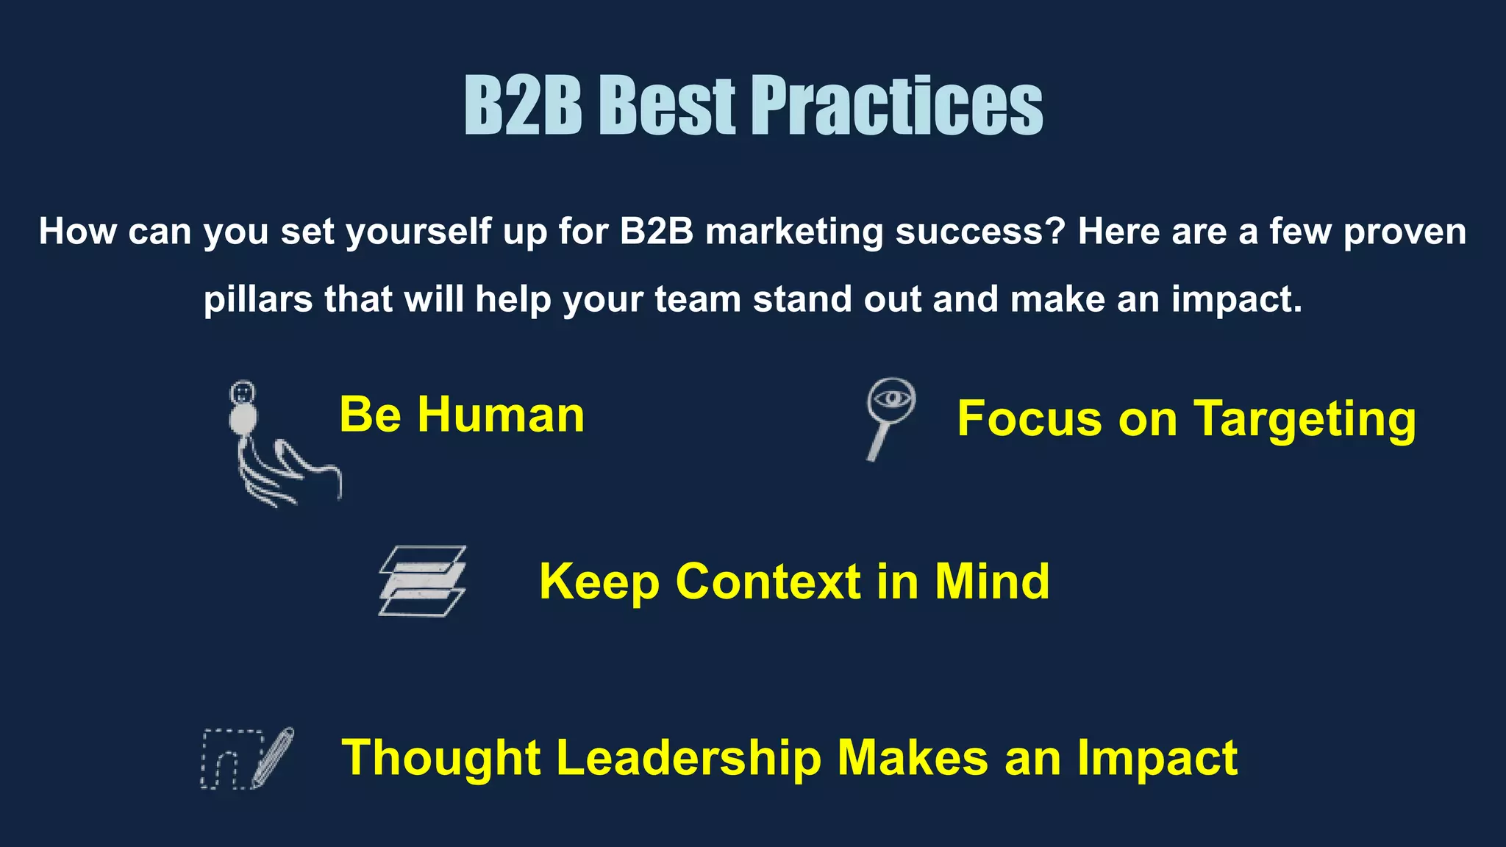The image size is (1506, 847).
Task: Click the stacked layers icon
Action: tap(423, 581)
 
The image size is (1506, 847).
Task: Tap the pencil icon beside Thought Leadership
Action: tap(272, 757)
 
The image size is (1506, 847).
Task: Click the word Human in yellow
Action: tap(501, 415)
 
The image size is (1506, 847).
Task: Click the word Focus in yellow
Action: tap(1029, 418)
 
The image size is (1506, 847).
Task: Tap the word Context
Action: tap(768, 582)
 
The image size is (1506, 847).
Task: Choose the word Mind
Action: tap(992, 582)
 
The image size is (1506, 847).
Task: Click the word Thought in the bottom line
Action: tap(442, 758)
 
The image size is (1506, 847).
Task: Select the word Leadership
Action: tap(688, 758)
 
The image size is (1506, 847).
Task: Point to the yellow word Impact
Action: tap(1157, 758)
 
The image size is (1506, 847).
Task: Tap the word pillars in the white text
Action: tap(258, 299)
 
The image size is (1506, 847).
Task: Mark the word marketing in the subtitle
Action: tap(794, 232)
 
